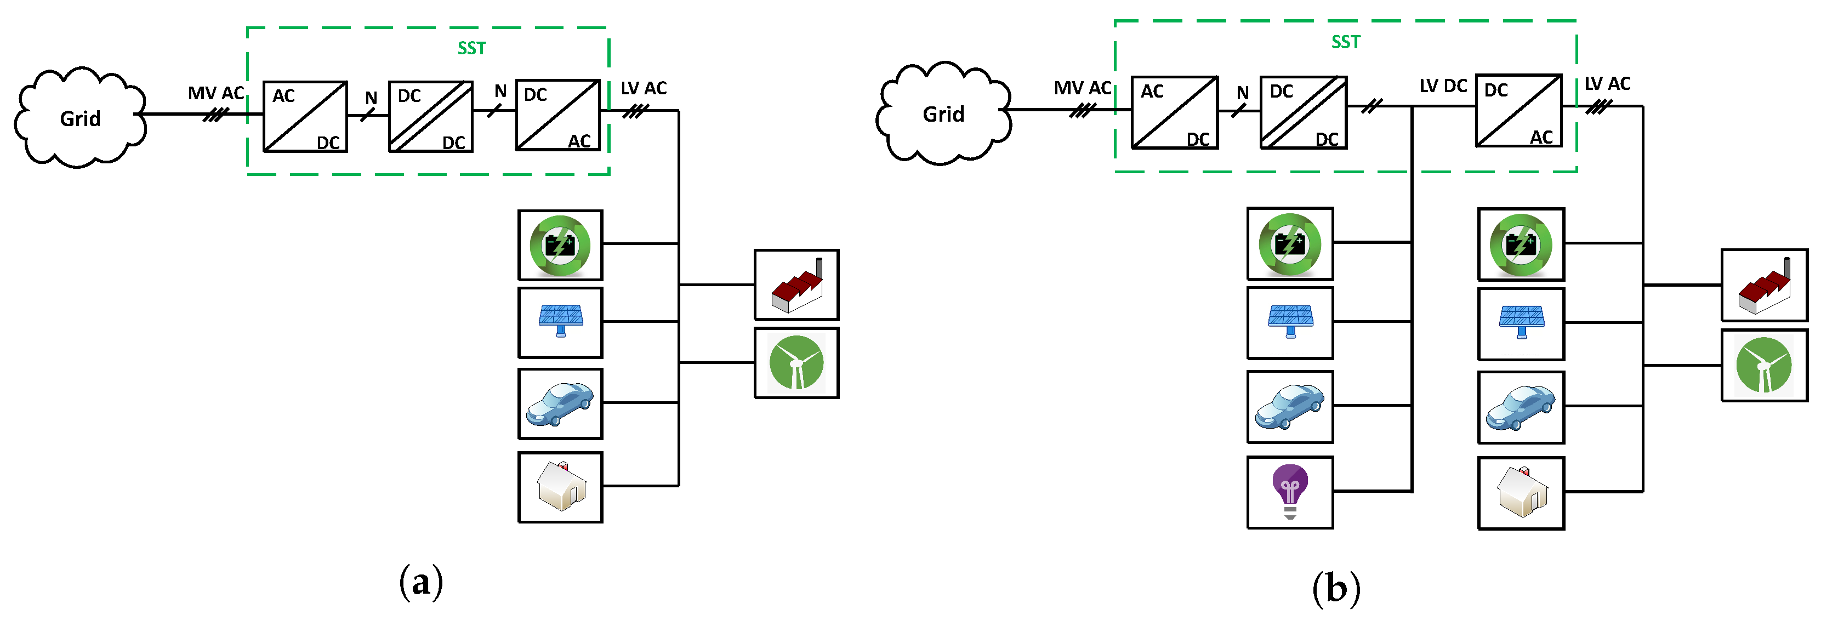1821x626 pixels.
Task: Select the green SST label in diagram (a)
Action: tap(471, 48)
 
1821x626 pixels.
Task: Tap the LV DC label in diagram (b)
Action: tap(1443, 86)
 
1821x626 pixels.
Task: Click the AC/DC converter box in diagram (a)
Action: tap(305, 117)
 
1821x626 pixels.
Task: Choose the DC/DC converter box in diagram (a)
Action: tap(430, 117)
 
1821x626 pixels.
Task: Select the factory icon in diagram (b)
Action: tap(1764, 286)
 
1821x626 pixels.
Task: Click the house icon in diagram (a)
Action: tap(561, 487)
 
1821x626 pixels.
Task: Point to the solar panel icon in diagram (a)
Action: tap(561, 321)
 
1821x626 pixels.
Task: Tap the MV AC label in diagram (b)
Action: tap(1082, 88)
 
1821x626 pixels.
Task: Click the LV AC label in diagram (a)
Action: tap(644, 88)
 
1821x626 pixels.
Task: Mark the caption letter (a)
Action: tap(422, 582)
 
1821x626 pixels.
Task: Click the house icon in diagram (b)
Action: tap(1521, 492)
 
